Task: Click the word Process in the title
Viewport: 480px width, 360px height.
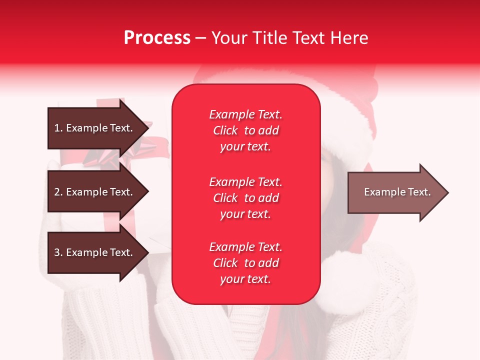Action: (157, 38)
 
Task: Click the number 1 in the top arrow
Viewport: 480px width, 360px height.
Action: (56, 128)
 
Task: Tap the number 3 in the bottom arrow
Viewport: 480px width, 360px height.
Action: (57, 252)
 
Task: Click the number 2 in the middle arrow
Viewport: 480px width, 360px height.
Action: (57, 192)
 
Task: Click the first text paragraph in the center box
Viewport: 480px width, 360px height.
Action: (245, 130)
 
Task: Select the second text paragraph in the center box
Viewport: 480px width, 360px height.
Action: (245, 198)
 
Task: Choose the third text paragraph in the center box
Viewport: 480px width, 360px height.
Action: (245, 263)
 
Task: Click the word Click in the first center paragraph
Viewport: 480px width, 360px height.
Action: (225, 130)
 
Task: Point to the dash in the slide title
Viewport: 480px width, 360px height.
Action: (200, 38)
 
